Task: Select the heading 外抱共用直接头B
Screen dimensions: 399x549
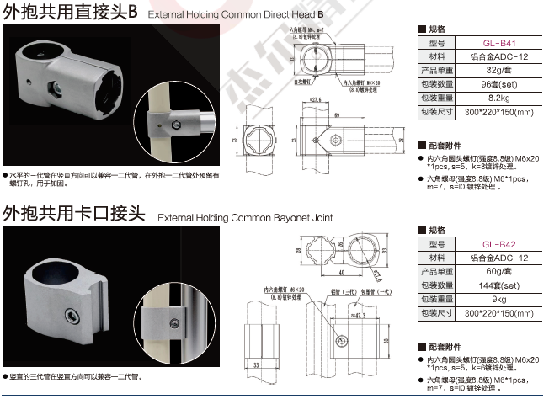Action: [70, 13]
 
